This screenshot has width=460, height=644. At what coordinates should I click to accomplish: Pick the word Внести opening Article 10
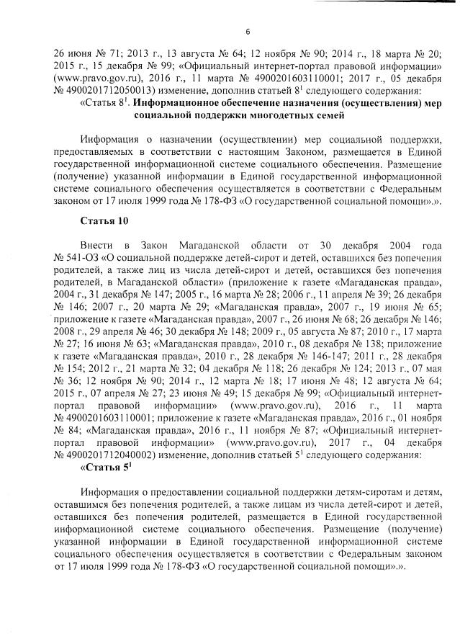pos(97,245)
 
